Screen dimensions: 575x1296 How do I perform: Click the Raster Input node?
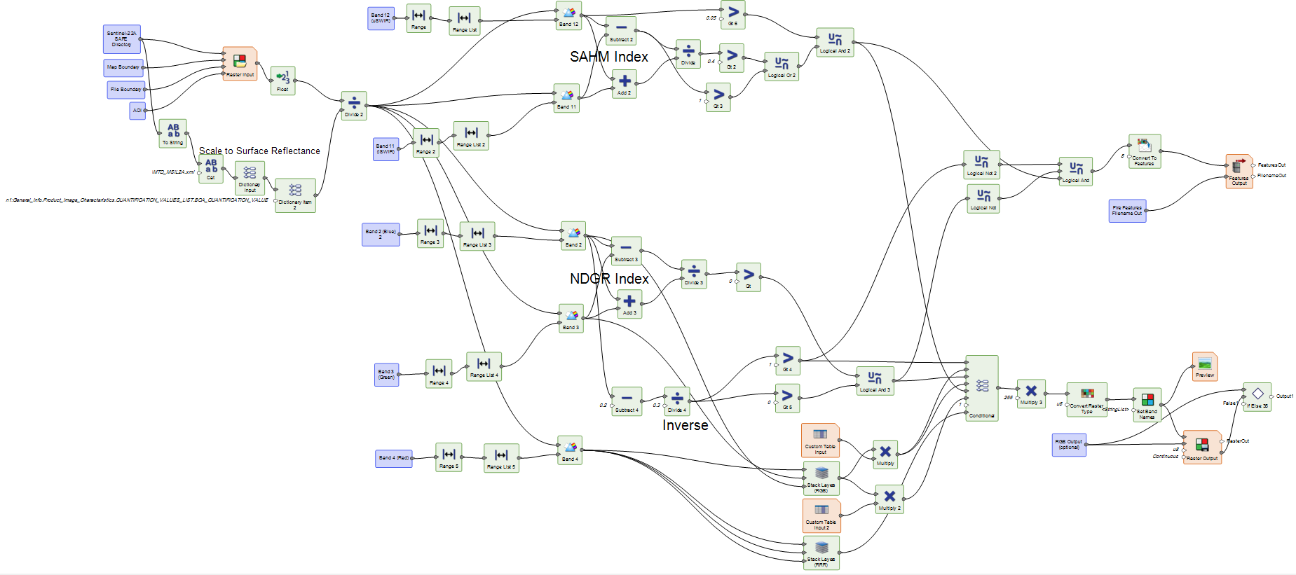coord(240,63)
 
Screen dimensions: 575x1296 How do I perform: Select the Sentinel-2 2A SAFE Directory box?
coord(122,39)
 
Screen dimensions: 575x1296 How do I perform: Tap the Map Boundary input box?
coord(123,67)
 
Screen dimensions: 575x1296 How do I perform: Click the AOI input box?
coord(137,111)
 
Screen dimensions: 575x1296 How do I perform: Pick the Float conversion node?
coord(282,80)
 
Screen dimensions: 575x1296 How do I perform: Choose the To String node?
coord(172,133)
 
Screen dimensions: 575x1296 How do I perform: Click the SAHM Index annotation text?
coord(608,57)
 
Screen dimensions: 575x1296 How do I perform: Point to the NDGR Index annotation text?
coord(609,279)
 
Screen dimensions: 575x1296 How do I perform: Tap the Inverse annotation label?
coord(685,425)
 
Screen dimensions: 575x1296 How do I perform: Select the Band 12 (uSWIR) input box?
coord(381,18)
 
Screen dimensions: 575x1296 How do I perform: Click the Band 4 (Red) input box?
coord(394,458)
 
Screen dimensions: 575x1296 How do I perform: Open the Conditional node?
coord(981,387)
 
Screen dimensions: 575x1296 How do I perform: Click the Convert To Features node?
coord(1145,151)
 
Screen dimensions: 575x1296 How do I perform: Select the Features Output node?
coord(1239,171)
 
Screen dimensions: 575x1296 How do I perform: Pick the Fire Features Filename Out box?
coord(1127,211)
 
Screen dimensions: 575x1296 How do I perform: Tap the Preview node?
coord(1205,366)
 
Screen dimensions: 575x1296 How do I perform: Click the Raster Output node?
coord(1202,447)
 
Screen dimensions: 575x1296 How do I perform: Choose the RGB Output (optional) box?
coord(1069,445)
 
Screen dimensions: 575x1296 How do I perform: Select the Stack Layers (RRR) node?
coord(821,553)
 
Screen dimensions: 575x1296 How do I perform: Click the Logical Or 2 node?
coord(782,67)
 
